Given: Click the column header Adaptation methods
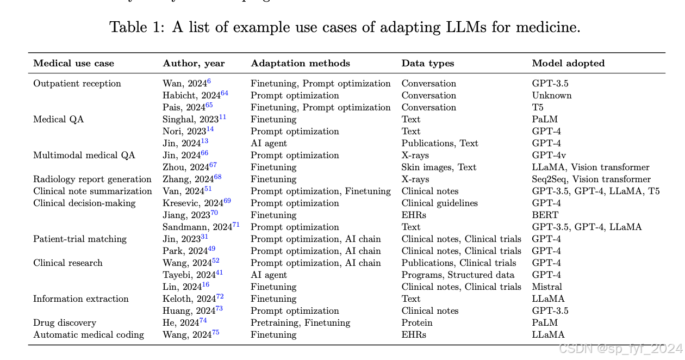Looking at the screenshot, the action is click(x=300, y=63).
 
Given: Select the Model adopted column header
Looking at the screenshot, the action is click(x=568, y=63).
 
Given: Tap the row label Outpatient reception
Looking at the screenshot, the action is click(x=77, y=84).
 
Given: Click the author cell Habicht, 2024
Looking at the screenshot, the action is click(x=195, y=95).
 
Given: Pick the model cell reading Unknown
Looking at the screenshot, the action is click(x=552, y=95).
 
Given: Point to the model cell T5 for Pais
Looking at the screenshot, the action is click(x=538, y=107).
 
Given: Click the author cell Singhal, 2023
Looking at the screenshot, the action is click(x=194, y=119).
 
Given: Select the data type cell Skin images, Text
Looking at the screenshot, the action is click(x=439, y=167).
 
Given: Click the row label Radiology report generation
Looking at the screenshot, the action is click(x=92, y=179).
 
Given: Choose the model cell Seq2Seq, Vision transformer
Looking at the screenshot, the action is click(x=591, y=179).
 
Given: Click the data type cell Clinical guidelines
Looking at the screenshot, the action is click(x=439, y=203).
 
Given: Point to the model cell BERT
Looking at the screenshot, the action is click(x=545, y=215).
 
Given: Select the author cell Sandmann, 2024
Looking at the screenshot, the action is click(x=201, y=227).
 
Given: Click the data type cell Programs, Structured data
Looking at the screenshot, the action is click(x=458, y=275).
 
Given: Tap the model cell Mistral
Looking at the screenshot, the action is click(x=547, y=287).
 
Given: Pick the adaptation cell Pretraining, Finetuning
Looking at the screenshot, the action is click(x=300, y=322).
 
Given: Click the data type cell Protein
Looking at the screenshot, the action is click(x=417, y=322).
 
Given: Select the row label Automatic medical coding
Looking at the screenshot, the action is click(x=89, y=334).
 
